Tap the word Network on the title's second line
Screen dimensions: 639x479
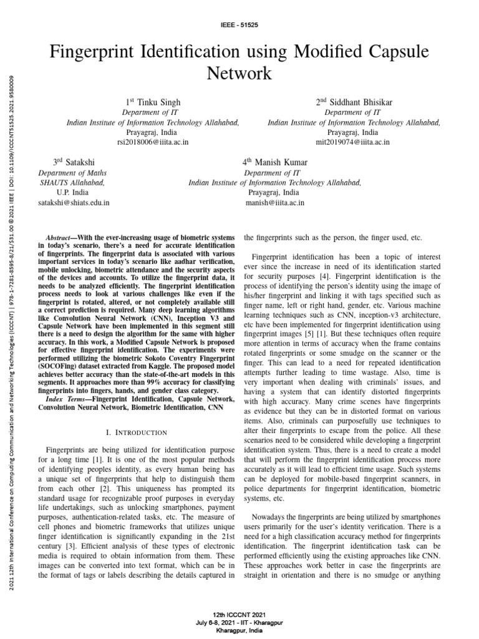click(x=239, y=74)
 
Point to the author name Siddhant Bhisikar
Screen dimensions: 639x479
click(x=357, y=102)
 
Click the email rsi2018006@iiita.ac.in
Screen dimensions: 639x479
click(x=153, y=142)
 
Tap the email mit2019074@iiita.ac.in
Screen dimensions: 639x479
click(x=353, y=142)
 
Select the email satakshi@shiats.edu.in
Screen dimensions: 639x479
click(x=74, y=203)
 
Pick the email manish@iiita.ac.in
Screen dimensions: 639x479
click(x=275, y=203)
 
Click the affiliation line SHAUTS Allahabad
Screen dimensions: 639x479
click(x=72, y=183)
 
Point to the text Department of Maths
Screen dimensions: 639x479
click(x=72, y=173)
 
